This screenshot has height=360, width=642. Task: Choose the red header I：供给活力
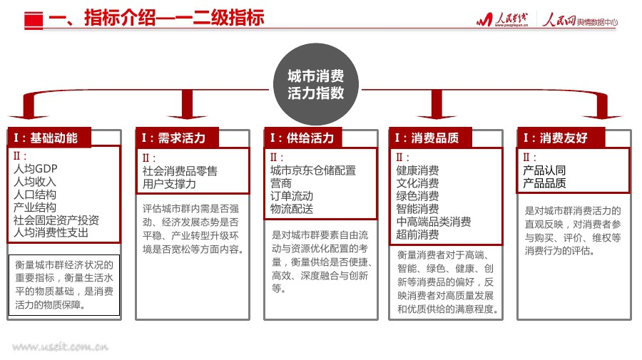coord(302,138)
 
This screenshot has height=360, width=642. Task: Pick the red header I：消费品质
coord(429,138)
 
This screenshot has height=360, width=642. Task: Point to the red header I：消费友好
coord(557,138)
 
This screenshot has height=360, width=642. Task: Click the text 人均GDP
coord(36,169)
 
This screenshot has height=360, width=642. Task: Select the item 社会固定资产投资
coord(56,220)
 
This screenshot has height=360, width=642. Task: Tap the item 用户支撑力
coord(169,184)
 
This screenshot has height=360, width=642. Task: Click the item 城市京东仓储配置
coord(312,170)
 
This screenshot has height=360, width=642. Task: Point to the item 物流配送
coord(291,209)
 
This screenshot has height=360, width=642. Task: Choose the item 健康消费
coord(417,170)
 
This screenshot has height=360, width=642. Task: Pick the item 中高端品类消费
coord(433,222)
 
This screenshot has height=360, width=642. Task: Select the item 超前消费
coord(417,235)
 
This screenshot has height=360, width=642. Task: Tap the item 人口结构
coord(35,194)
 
